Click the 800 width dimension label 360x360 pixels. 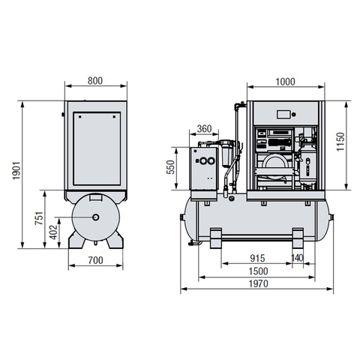[x=95, y=81]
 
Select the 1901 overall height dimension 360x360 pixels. [x=16, y=170]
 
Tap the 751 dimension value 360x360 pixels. [x=39, y=218]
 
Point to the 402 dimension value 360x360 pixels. [x=53, y=232]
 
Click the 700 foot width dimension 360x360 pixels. [x=95, y=260]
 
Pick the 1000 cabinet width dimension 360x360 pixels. [x=285, y=82]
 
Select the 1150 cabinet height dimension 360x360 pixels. [x=340, y=142]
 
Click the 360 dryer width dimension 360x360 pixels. [x=204, y=129]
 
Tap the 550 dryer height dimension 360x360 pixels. [x=171, y=167]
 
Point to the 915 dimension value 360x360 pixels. [x=257, y=258]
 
